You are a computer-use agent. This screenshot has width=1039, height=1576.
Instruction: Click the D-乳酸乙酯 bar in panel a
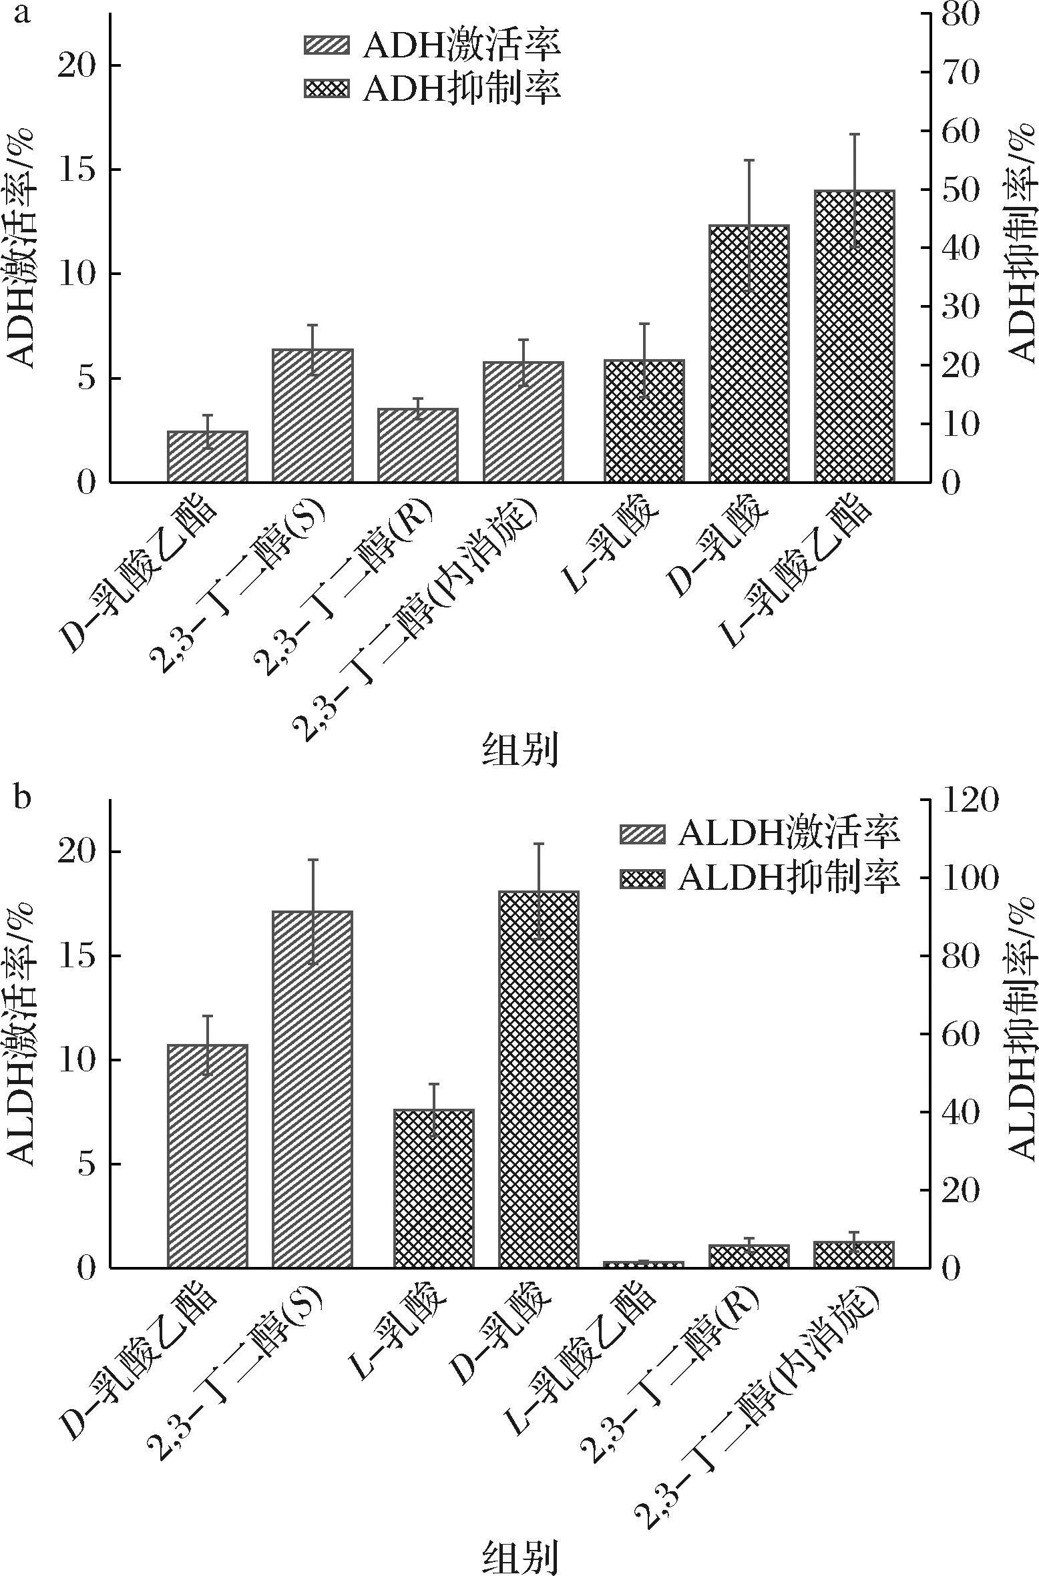point(207,457)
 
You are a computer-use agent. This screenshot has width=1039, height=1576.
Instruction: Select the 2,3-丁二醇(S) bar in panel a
point(312,415)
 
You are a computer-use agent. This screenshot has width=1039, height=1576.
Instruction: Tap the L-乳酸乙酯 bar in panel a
point(853,336)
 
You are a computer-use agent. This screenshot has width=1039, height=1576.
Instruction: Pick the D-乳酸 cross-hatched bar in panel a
point(749,353)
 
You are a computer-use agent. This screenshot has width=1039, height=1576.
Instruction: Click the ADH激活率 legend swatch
point(327,45)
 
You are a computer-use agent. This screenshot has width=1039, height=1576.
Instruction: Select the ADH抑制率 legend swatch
point(327,89)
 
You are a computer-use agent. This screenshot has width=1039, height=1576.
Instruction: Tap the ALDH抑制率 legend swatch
point(642,879)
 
